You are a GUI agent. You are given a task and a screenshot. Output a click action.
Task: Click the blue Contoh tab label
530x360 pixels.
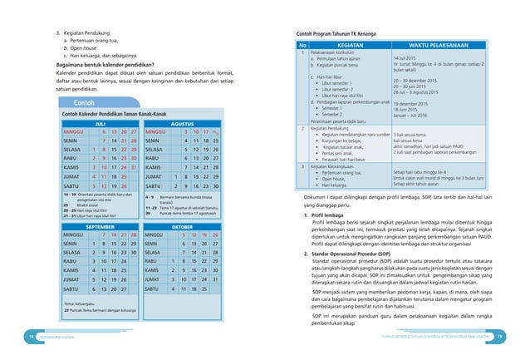click(88, 101)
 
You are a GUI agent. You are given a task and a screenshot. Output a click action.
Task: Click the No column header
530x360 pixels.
click(302, 46)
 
